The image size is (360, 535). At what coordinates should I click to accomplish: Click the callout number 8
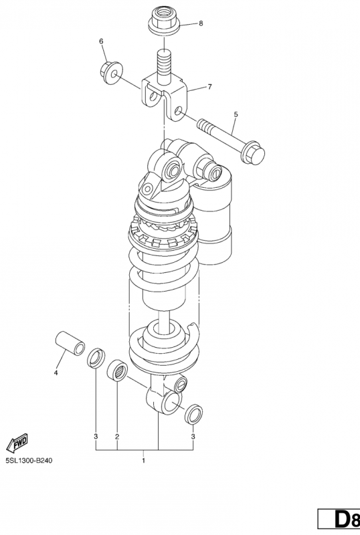201,23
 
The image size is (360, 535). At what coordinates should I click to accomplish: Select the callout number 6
101,41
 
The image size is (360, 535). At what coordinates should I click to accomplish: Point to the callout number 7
209,87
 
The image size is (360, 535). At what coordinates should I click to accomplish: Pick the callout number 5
236,114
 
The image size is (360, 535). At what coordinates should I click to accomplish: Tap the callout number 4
56,372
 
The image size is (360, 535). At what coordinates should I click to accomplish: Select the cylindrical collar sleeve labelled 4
70,342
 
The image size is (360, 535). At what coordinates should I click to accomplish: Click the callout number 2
117,437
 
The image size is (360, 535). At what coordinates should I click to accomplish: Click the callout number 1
143,461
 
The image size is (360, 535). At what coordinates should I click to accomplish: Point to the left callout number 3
96,437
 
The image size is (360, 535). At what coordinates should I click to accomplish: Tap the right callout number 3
193,437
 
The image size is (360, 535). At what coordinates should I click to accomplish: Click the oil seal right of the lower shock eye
193,414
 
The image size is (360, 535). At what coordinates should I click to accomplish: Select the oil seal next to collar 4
96,358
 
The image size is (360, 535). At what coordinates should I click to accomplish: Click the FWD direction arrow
17,443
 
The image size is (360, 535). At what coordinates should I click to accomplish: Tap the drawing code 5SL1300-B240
29,461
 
